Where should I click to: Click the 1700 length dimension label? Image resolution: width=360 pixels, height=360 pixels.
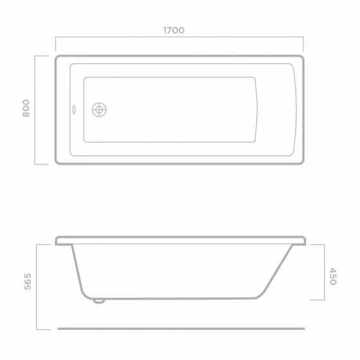(x=174, y=30)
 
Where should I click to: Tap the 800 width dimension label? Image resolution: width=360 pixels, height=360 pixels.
(x=26, y=108)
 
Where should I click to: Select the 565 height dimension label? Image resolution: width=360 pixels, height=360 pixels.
(x=28, y=282)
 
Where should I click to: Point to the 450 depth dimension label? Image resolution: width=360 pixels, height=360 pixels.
(x=333, y=276)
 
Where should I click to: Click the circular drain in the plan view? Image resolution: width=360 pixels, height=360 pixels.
(x=99, y=110)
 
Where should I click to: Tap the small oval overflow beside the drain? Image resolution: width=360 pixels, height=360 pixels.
(x=74, y=110)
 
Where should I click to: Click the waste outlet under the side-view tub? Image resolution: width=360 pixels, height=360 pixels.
(x=99, y=301)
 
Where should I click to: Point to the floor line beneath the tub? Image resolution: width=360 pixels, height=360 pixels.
(x=181, y=328)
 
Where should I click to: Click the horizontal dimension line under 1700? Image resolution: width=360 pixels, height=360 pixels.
(x=179, y=37)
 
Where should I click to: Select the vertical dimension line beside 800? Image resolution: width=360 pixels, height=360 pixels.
(x=35, y=110)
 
